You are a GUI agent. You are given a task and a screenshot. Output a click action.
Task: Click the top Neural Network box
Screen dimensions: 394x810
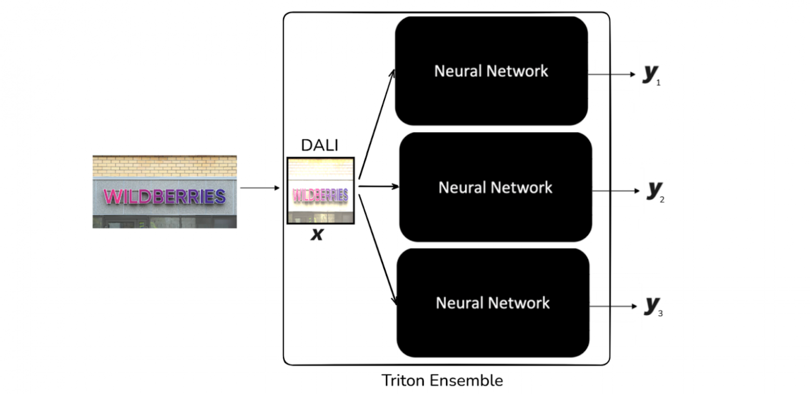[491, 71]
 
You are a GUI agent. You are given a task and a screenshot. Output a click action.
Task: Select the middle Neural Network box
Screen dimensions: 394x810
[495, 187]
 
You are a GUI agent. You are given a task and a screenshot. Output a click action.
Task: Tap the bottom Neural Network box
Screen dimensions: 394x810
[493, 303]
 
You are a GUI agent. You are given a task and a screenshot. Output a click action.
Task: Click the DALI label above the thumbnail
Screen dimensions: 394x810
[319, 146]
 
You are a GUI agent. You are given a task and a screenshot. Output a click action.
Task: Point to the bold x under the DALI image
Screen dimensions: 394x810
[317, 235]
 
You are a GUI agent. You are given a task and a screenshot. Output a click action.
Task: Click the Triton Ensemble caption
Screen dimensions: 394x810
[442, 381]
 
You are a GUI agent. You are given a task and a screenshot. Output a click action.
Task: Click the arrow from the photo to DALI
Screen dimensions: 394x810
[260, 188]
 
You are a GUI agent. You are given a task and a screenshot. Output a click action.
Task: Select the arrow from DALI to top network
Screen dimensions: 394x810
[376, 124]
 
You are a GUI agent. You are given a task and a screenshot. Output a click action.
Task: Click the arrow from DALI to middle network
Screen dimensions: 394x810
[378, 186]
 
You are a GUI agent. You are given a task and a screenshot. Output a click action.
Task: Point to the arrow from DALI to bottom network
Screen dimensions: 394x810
[377, 244]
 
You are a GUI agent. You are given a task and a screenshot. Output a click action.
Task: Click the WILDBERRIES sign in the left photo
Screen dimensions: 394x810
[165, 196]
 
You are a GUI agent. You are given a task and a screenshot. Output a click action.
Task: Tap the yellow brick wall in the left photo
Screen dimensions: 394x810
[165, 166]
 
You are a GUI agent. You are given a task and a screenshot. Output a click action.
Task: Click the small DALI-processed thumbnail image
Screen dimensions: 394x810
[320, 190]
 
